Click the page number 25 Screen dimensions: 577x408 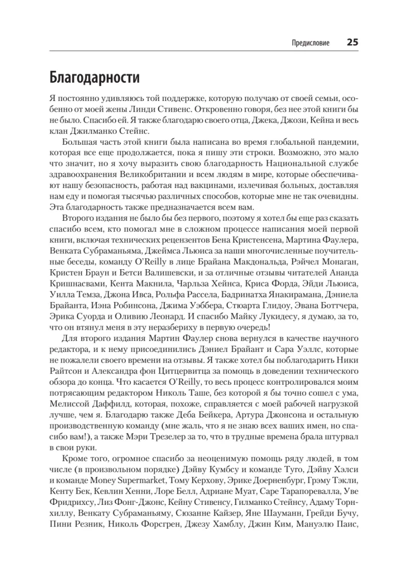(352, 42)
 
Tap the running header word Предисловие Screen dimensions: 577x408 (310, 43)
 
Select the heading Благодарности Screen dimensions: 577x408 (94, 77)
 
